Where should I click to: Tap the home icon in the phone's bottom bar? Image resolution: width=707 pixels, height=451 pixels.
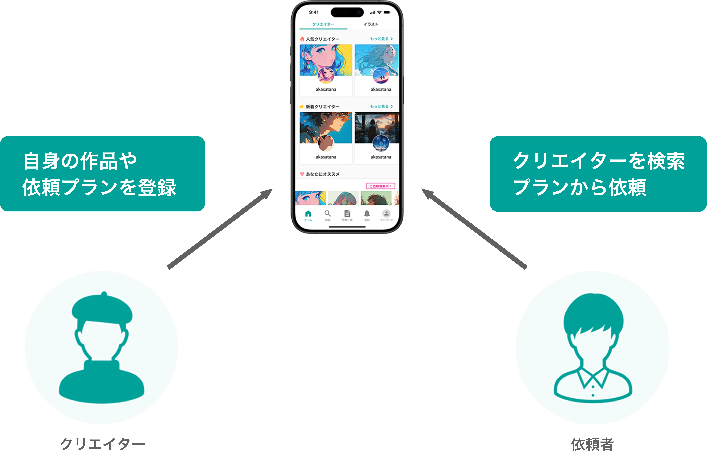click(x=308, y=214)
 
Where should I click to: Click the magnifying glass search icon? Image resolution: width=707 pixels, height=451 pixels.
click(x=328, y=214)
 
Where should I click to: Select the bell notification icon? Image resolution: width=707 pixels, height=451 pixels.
click(x=367, y=214)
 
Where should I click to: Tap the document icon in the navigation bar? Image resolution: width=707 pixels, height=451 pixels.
click(x=347, y=214)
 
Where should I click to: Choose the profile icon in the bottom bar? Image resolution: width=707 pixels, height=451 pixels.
click(x=386, y=214)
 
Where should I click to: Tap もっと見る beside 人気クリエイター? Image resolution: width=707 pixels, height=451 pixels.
click(x=381, y=39)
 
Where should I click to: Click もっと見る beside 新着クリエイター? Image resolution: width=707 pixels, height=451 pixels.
click(x=381, y=106)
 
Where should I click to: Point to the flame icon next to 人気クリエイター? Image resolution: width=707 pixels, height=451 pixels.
click(x=302, y=39)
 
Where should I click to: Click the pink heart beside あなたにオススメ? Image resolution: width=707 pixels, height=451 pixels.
click(x=302, y=174)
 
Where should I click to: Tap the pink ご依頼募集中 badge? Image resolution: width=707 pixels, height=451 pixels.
click(x=381, y=186)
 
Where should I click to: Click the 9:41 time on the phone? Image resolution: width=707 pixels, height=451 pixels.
click(x=314, y=12)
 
